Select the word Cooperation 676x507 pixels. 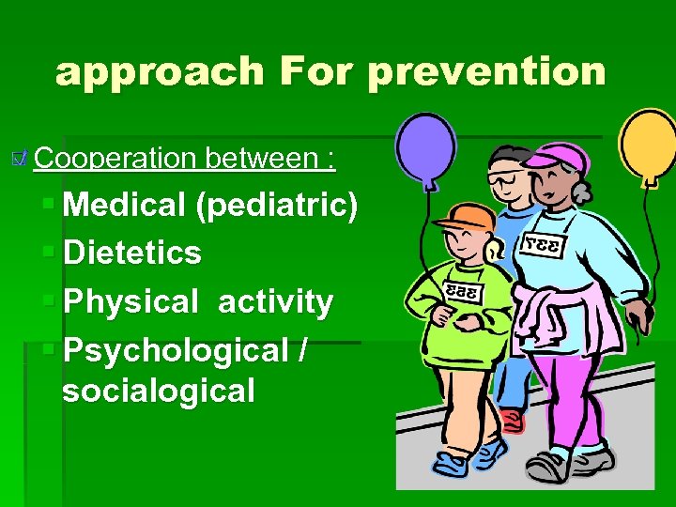pyautogui.click(x=117, y=158)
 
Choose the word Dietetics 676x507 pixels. pyautogui.click(x=131, y=253)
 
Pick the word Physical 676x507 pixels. pyautogui.click(x=131, y=302)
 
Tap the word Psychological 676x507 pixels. pyautogui.click(x=175, y=350)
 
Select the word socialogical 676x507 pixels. pyautogui.click(x=158, y=390)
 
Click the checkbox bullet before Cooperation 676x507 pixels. pyautogui.click(x=23, y=156)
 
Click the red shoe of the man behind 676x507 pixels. pyautogui.click(x=510, y=420)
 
